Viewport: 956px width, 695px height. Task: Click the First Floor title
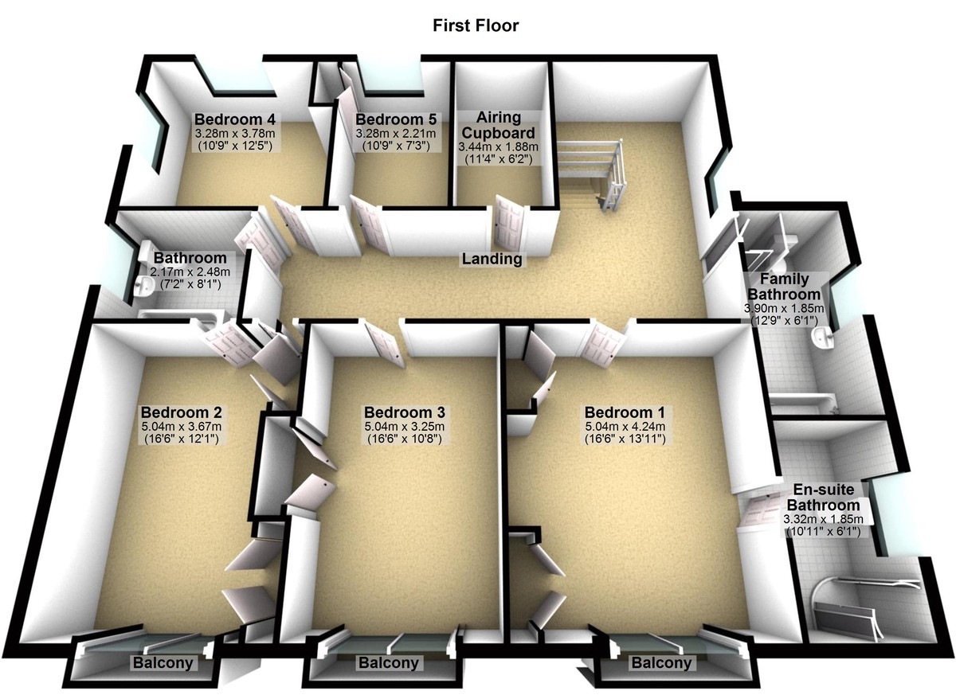point(476,25)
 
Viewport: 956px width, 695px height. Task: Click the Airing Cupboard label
point(498,125)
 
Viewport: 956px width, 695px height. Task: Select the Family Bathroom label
point(784,287)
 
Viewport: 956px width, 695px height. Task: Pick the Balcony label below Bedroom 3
point(388,663)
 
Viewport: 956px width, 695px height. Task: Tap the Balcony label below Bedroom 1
point(661,663)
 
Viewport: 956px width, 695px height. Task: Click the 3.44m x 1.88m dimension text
point(498,146)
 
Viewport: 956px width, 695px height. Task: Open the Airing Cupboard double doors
point(507,223)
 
